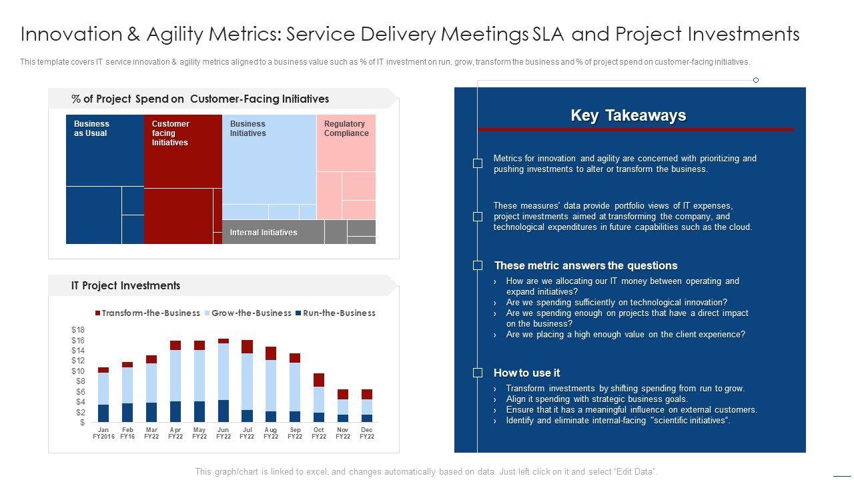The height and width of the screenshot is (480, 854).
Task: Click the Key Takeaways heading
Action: point(628,115)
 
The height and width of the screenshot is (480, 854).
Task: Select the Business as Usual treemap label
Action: point(91,129)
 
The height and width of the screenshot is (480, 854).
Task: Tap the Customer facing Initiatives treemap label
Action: point(170,133)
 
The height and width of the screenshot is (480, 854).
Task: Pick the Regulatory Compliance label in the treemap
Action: point(346,129)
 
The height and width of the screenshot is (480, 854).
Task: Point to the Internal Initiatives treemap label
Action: point(264,233)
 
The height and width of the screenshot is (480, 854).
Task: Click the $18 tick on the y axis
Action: point(78,330)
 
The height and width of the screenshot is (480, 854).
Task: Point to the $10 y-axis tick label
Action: point(78,371)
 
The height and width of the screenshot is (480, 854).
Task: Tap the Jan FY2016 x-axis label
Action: point(103,433)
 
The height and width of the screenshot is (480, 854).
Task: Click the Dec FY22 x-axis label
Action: point(366,433)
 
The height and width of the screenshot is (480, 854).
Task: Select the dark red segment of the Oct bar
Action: point(319,380)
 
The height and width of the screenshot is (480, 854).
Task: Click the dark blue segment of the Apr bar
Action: point(175,411)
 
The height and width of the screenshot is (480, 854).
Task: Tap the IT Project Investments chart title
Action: point(125,285)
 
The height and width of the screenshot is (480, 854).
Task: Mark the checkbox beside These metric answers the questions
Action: point(478,265)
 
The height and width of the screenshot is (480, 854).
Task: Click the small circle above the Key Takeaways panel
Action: point(756,80)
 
